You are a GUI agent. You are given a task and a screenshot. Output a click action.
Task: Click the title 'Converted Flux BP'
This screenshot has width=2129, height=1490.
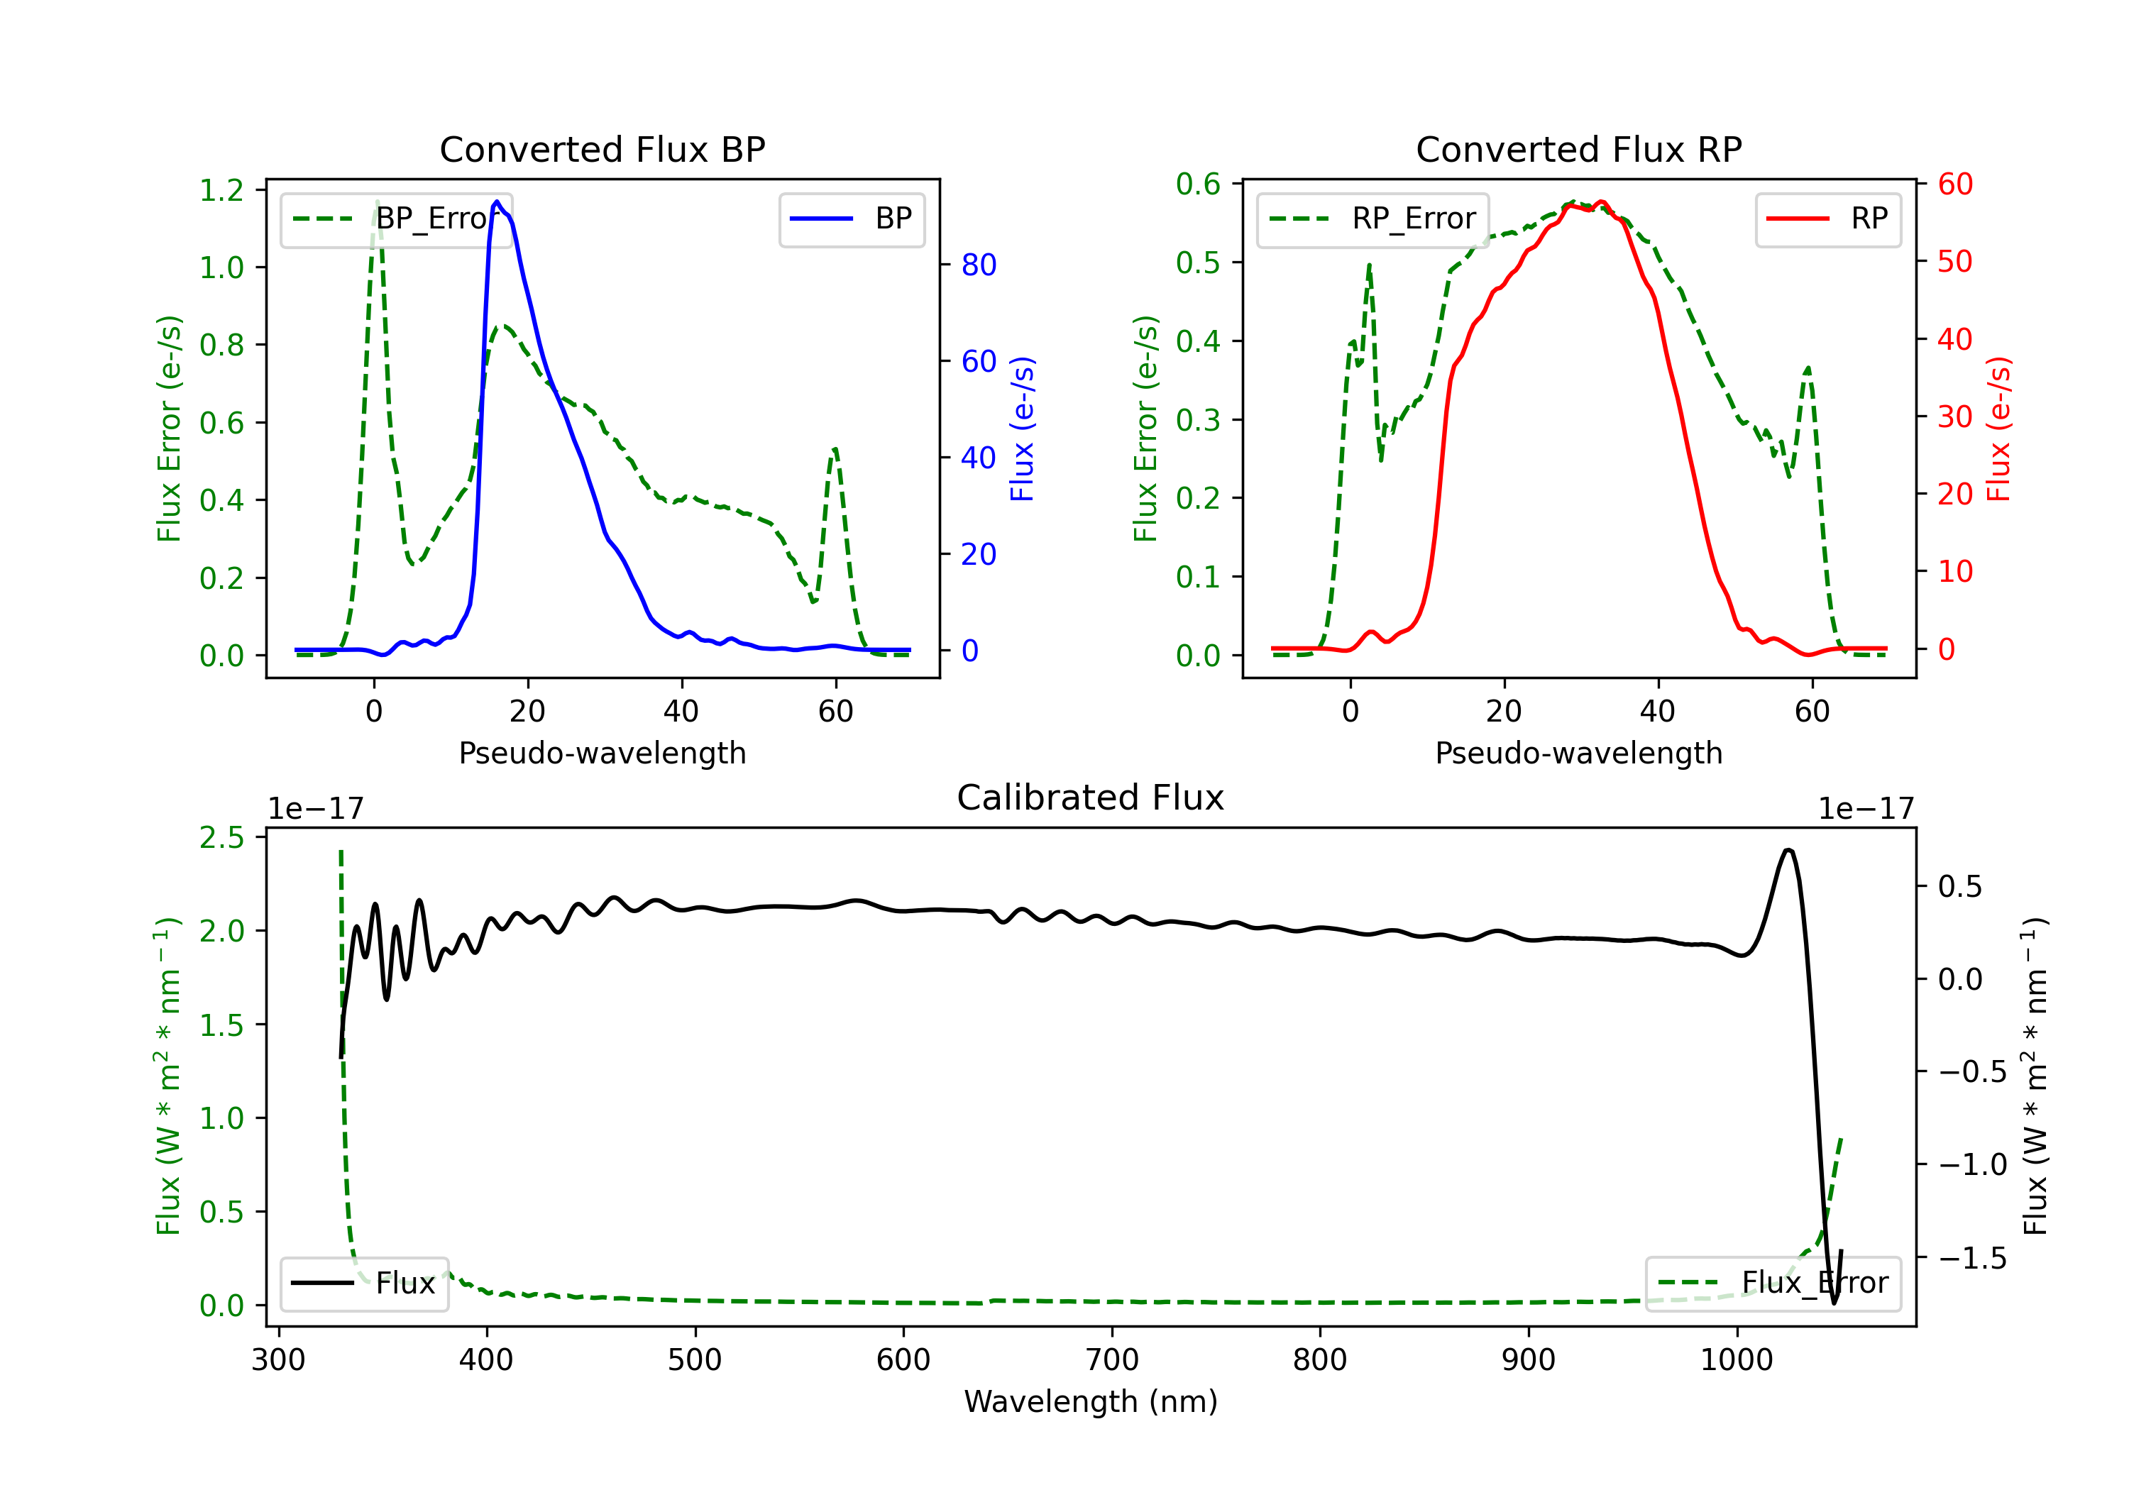(x=602, y=149)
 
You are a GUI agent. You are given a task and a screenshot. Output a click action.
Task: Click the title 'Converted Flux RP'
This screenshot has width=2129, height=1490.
(x=1578, y=149)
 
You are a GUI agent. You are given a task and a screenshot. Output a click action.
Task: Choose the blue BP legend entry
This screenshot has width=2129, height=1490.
(x=851, y=219)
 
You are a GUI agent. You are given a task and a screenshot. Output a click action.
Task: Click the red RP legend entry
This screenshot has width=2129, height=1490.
(x=1827, y=219)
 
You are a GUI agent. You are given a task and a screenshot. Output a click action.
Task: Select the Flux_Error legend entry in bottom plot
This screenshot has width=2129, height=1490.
(x=1773, y=1284)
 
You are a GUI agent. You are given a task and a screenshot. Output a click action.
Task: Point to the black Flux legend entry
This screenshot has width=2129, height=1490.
(x=363, y=1284)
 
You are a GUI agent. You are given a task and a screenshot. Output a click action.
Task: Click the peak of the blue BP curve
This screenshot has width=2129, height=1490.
(x=497, y=202)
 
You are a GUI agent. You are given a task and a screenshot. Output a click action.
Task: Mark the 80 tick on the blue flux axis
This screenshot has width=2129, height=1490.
(x=978, y=265)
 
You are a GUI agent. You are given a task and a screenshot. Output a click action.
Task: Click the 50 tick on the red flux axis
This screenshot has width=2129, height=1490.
(x=1954, y=262)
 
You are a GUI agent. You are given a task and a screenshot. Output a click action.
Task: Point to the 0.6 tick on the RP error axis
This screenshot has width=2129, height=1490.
(x=1198, y=184)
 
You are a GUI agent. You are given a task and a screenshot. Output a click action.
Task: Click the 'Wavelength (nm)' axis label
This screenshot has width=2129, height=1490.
(x=1091, y=1401)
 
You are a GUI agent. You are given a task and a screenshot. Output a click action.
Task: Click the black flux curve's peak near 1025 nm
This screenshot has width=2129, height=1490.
(x=1788, y=849)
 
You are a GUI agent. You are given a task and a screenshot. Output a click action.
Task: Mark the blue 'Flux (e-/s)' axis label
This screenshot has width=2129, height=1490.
(x=1022, y=429)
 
